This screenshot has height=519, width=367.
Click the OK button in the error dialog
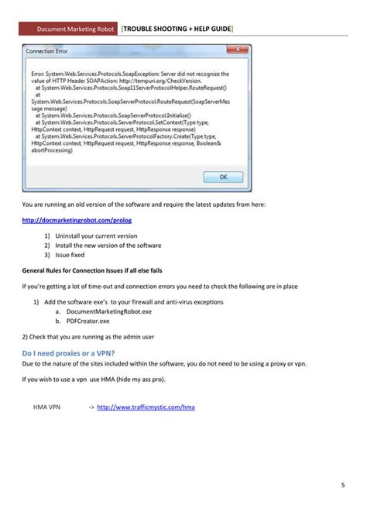click(x=222, y=177)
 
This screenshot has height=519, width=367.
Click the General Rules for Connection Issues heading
click(x=91, y=270)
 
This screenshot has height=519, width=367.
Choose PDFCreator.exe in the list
click(x=88, y=320)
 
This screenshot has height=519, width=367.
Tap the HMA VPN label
click(x=47, y=406)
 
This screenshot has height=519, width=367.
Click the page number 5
click(x=342, y=486)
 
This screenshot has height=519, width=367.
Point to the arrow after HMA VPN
click(x=91, y=406)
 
